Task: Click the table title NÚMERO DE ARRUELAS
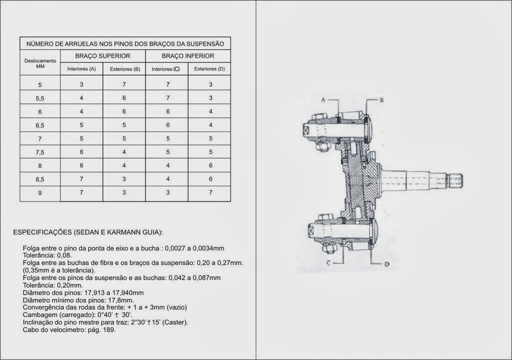point(125,43)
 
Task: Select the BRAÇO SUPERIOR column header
point(102,56)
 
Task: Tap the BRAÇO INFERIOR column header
point(187,56)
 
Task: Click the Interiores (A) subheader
point(81,69)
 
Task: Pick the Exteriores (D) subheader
point(209,69)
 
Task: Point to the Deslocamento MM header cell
point(40,63)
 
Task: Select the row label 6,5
point(40,125)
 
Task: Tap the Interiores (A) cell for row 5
point(81,84)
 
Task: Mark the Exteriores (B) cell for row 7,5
point(124,152)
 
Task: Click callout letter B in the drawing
point(381,100)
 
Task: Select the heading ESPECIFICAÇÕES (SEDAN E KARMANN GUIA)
point(87,232)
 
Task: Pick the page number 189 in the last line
point(109,330)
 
